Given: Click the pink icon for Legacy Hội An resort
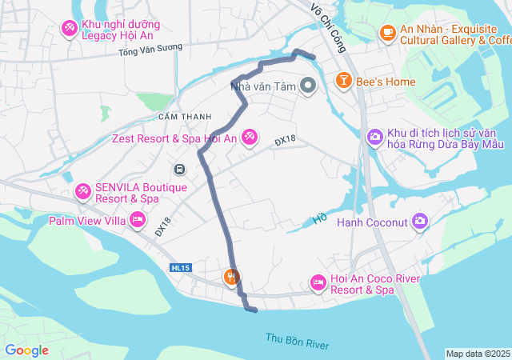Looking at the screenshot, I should coord(70,29).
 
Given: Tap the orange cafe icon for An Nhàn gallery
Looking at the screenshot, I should coord(388,32).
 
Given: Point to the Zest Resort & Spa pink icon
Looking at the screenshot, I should coord(250,138).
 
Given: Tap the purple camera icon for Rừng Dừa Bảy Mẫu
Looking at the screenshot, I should coord(374,138).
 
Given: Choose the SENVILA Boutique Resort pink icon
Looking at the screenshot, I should coord(82,192).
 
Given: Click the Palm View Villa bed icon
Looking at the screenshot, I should coord(138,219).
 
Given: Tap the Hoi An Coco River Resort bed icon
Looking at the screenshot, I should coord(318,283).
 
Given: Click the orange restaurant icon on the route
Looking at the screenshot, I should coord(230,277).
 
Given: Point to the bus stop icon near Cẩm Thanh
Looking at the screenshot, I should coord(180,170).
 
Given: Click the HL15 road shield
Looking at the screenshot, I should coord(179,268).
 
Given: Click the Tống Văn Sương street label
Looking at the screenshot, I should coord(150,50).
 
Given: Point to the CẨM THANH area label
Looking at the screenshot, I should coord(185,117).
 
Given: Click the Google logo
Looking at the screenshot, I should coord(26,350).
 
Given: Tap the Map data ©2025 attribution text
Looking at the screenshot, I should coord(477,354).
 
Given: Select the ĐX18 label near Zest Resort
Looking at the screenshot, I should coord(285,140).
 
